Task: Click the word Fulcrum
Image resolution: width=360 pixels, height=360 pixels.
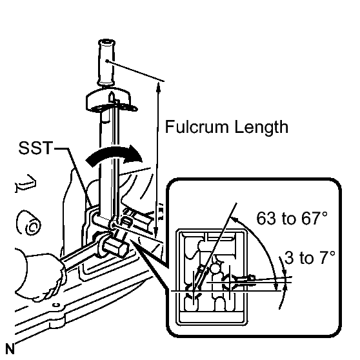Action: [x=197, y=126]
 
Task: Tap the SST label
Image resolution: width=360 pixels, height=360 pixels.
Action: [x=35, y=148]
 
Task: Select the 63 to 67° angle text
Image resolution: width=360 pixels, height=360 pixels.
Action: [x=292, y=218]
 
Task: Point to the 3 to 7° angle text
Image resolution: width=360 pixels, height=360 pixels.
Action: [x=310, y=257]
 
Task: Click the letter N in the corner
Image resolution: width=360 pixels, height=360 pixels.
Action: [x=10, y=349]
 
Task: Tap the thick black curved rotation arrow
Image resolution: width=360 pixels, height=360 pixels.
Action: [x=114, y=155]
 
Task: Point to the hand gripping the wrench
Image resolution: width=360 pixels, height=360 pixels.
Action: [x=39, y=273]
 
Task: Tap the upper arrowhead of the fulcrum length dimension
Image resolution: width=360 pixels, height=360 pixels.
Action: [x=158, y=85]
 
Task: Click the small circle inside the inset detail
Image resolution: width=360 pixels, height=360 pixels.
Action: [x=215, y=268]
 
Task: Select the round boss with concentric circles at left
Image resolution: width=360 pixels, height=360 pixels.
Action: [x=28, y=223]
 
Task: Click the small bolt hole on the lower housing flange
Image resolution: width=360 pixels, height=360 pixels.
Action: [x=56, y=305]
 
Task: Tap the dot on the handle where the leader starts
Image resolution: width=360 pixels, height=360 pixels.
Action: [x=106, y=61]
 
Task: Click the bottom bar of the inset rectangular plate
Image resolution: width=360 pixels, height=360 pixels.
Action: [x=212, y=317]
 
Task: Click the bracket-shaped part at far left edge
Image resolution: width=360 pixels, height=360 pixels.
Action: [x=25, y=183]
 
